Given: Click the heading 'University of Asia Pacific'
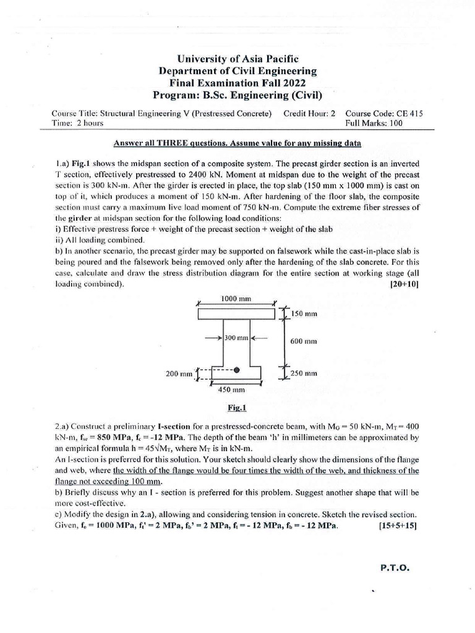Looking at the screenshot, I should pyautogui.click(x=237, y=59).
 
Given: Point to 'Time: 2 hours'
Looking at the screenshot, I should pyautogui.click(x=79, y=123).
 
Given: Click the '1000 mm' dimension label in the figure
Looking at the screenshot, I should pyautogui.click(x=236, y=299).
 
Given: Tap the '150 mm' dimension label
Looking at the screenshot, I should pyautogui.click(x=304, y=314).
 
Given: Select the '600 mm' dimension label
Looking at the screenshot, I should pyautogui.click(x=304, y=341).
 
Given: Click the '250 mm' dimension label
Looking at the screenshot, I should pyautogui.click(x=304, y=373).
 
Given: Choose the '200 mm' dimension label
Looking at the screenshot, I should pyautogui.click(x=179, y=373).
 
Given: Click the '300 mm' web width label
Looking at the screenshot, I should pyautogui.click(x=237, y=338).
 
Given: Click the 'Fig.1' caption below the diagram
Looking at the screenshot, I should pyautogui.click(x=237, y=408).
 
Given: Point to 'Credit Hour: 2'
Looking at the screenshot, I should pyautogui.click(x=309, y=114).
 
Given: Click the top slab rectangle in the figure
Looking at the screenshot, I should pyautogui.click(x=237, y=315).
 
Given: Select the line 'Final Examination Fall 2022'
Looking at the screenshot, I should pyautogui.click(x=237, y=83).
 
